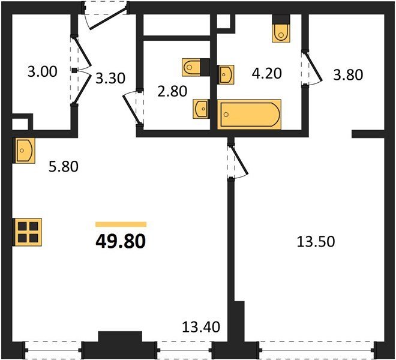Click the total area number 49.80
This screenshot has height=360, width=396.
click(x=121, y=241)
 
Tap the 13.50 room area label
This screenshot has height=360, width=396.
click(x=316, y=241)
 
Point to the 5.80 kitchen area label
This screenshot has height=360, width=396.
click(x=64, y=167)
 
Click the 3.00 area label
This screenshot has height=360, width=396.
click(x=43, y=72)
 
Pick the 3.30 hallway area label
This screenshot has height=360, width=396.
click(x=110, y=79)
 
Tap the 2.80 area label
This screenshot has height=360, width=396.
click(x=172, y=91)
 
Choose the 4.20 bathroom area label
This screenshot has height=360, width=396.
click(x=266, y=74)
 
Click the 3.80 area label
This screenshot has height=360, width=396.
click(x=348, y=75)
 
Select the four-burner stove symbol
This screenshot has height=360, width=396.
click(x=28, y=232)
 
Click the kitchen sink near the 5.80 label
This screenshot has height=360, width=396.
click(x=25, y=151)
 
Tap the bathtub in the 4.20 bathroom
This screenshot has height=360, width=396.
click(x=249, y=115)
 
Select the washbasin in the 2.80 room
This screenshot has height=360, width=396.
click(x=201, y=109)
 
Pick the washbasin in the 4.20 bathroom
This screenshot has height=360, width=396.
click(x=226, y=74)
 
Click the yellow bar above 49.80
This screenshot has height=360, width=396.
click(x=121, y=224)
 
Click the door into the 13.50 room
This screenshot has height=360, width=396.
click(x=238, y=161)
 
